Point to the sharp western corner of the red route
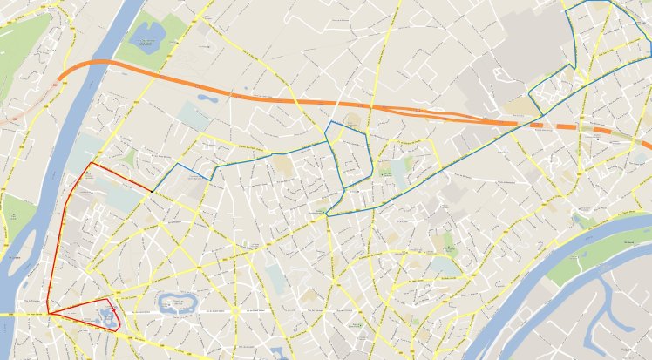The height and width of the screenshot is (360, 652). click(49, 314)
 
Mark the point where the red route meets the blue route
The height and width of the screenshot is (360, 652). click(153, 190)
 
